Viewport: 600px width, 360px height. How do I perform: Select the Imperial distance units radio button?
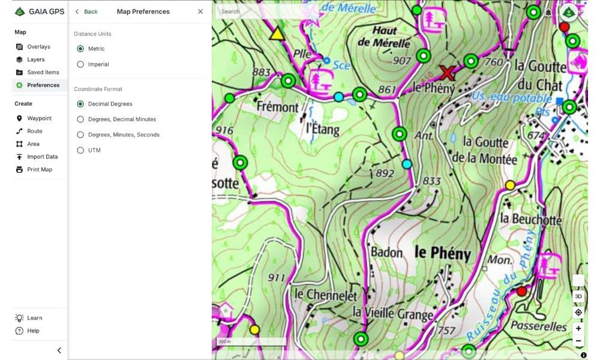[80, 64]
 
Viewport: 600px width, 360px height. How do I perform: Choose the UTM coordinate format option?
[80, 150]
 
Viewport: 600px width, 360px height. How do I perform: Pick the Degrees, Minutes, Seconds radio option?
[80, 134]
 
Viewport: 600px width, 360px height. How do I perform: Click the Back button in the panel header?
[86, 11]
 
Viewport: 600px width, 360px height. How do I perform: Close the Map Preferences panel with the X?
[200, 11]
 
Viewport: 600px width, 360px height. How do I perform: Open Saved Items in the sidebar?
[43, 73]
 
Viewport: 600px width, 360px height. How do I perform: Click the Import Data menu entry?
[42, 157]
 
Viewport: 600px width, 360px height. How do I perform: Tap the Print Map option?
[39, 169]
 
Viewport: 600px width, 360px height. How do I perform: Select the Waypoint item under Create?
[39, 118]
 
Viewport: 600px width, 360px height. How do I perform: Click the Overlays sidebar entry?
[38, 47]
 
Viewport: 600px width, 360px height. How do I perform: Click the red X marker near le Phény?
[446, 73]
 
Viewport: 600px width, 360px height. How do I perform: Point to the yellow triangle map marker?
[277, 33]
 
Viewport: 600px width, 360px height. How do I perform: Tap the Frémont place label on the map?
[277, 107]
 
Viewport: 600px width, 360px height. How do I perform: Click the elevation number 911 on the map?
[277, 277]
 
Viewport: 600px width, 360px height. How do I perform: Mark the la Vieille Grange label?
[392, 313]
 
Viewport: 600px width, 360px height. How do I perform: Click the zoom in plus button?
[578, 328]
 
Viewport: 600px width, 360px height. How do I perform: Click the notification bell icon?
[548, 13]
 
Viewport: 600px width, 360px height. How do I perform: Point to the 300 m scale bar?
[251, 342]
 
